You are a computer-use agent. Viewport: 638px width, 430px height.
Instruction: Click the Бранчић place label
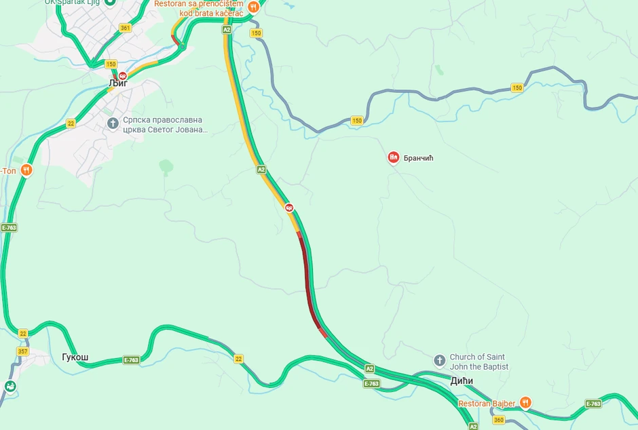click(418, 158)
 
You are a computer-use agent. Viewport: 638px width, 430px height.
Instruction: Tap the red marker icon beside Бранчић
click(393, 158)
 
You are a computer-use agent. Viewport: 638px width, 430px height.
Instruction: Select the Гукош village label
click(75, 358)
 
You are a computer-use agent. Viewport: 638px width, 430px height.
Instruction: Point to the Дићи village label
click(462, 381)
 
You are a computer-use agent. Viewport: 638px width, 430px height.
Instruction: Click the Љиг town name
click(118, 83)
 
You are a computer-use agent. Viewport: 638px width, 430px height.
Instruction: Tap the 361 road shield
click(125, 28)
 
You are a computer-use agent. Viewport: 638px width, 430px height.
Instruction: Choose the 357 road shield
click(23, 351)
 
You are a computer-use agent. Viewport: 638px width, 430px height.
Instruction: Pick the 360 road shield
click(499, 421)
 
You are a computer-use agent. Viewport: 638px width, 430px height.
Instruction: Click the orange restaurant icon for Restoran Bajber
click(525, 403)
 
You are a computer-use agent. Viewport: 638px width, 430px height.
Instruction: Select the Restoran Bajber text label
click(487, 404)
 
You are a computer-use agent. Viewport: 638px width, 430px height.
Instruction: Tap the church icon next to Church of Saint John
click(439, 359)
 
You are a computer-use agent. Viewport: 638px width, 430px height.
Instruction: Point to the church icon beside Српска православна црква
click(113, 123)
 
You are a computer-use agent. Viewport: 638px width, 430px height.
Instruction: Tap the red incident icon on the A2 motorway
click(290, 208)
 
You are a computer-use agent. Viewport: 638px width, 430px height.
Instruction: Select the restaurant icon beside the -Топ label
click(26, 170)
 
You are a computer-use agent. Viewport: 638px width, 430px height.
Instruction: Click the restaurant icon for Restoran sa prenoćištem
click(253, 7)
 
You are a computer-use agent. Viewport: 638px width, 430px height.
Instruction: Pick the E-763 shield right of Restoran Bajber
click(593, 404)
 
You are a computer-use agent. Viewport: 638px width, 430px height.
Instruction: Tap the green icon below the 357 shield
click(10, 386)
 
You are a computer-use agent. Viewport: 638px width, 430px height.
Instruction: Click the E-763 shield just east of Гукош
click(132, 360)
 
